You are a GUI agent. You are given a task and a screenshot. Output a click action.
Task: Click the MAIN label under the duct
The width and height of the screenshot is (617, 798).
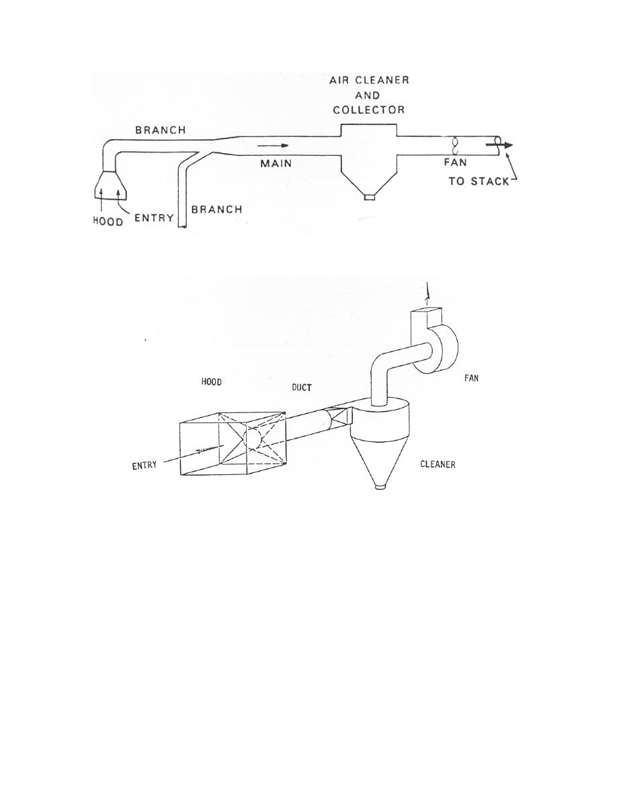coord(276,163)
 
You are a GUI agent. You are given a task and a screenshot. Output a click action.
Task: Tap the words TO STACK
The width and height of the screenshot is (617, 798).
coord(479,181)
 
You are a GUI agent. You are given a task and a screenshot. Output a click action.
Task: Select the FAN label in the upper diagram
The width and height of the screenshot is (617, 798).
coord(455,163)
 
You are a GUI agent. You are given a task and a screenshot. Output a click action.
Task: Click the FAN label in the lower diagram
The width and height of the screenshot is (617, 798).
coord(471,378)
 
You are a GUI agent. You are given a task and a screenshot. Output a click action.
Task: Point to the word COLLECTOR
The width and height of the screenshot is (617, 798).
coord(368,109)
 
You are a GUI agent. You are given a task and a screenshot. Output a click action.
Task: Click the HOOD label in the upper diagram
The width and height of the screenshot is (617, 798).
coord(108,222)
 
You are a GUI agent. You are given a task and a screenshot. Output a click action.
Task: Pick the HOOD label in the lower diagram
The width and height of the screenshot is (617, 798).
coord(211,382)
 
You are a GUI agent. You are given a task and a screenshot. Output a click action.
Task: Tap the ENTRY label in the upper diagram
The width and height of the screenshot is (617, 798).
coord(154,218)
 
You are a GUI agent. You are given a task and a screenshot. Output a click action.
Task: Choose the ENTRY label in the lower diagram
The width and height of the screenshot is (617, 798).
coord(145,465)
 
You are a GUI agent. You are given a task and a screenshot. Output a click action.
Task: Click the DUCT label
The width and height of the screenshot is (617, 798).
coord(301,388)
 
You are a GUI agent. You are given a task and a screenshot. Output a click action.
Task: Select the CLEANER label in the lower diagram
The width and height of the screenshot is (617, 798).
coord(438,464)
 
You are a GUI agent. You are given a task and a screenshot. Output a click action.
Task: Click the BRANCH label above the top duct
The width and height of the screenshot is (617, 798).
coord(161,130)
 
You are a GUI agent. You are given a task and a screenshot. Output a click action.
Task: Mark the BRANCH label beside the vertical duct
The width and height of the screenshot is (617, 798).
coord(217,209)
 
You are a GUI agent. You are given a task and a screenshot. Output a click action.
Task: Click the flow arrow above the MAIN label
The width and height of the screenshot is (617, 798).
coord(274,146)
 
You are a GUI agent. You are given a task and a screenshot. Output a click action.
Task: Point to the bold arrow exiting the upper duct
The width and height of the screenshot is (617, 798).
coord(499,144)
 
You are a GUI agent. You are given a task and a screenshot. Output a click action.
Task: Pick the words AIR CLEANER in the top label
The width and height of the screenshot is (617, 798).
coord(369,81)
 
